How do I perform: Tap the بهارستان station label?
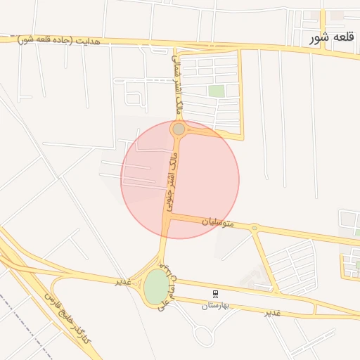click(x=215, y=306)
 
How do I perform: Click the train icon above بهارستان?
click(x=215, y=293)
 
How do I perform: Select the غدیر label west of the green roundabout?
click(x=124, y=281)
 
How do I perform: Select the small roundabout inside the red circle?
click(x=179, y=129)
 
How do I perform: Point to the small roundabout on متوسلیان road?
click(x=254, y=227)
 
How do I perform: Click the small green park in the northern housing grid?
click(x=217, y=91)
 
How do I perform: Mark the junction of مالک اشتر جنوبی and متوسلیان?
click(x=168, y=217)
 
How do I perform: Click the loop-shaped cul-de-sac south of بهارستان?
click(x=203, y=337)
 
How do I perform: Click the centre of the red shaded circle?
click(x=180, y=179)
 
